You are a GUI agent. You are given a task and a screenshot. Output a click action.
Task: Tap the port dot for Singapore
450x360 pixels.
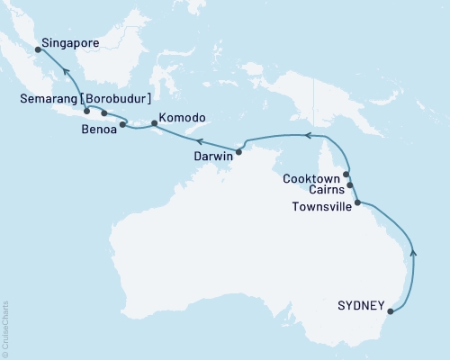click(x=38, y=50)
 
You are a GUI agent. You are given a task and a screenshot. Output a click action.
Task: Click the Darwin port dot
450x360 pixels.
click(x=238, y=150)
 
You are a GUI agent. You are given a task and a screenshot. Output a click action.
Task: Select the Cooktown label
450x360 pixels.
click(x=311, y=178)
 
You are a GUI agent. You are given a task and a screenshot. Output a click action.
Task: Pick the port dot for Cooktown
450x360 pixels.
click(x=346, y=175)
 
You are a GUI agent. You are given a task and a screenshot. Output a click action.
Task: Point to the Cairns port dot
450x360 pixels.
click(x=350, y=185)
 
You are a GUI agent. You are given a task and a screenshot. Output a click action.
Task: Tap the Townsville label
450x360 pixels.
click(x=318, y=206)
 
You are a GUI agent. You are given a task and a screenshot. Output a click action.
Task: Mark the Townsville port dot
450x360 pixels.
click(x=357, y=202)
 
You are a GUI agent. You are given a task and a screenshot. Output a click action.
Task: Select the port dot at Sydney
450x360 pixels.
click(x=390, y=312)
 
